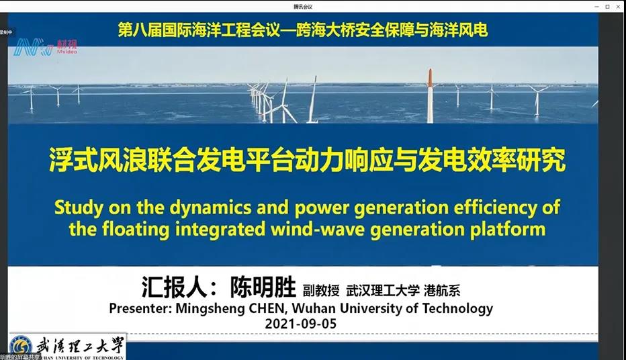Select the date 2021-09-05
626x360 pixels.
[300, 324]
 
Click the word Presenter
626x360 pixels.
[138, 309]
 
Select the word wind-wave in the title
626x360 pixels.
[345, 228]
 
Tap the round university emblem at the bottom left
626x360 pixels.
[20, 347]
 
